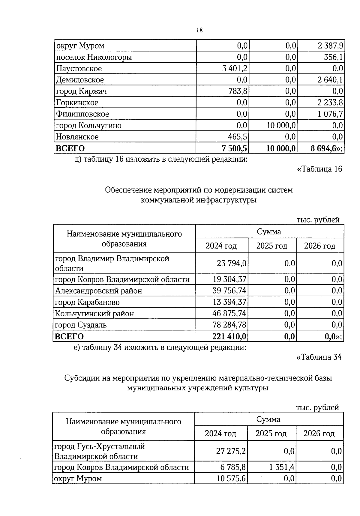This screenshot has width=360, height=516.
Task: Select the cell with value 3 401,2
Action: pos(235,69)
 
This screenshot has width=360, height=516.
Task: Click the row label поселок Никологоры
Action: pos(94,57)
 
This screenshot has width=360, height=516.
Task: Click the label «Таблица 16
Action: pos(319,169)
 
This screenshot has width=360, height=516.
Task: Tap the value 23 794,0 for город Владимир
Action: pos(232,263)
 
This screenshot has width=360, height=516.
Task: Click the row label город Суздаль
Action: pos(81,325)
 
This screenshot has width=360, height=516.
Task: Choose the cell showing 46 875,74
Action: pos(229,314)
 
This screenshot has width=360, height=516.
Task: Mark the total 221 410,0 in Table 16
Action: pos(229,336)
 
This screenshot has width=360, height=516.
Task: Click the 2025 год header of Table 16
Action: pos(271,246)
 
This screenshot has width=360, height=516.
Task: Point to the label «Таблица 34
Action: pos(319,357)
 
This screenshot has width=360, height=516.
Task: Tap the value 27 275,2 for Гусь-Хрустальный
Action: pos(231,451)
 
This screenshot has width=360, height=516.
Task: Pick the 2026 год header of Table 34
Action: pos(319,434)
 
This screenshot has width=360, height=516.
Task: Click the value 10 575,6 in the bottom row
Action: pos(231,479)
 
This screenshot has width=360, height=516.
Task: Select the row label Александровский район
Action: pos(98,291)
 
